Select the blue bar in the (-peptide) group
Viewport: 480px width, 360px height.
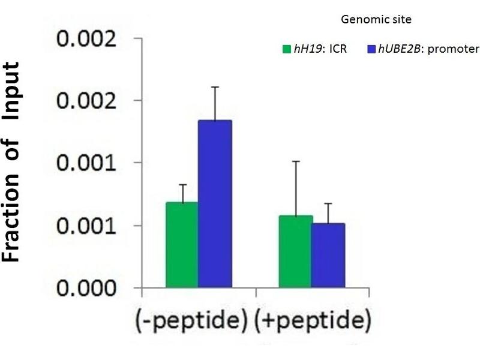[x=215, y=204]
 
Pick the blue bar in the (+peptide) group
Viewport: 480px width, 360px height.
[x=328, y=255]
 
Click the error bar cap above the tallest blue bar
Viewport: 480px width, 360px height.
[x=215, y=87]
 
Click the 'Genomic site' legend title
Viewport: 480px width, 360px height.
[x=376, y=20]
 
